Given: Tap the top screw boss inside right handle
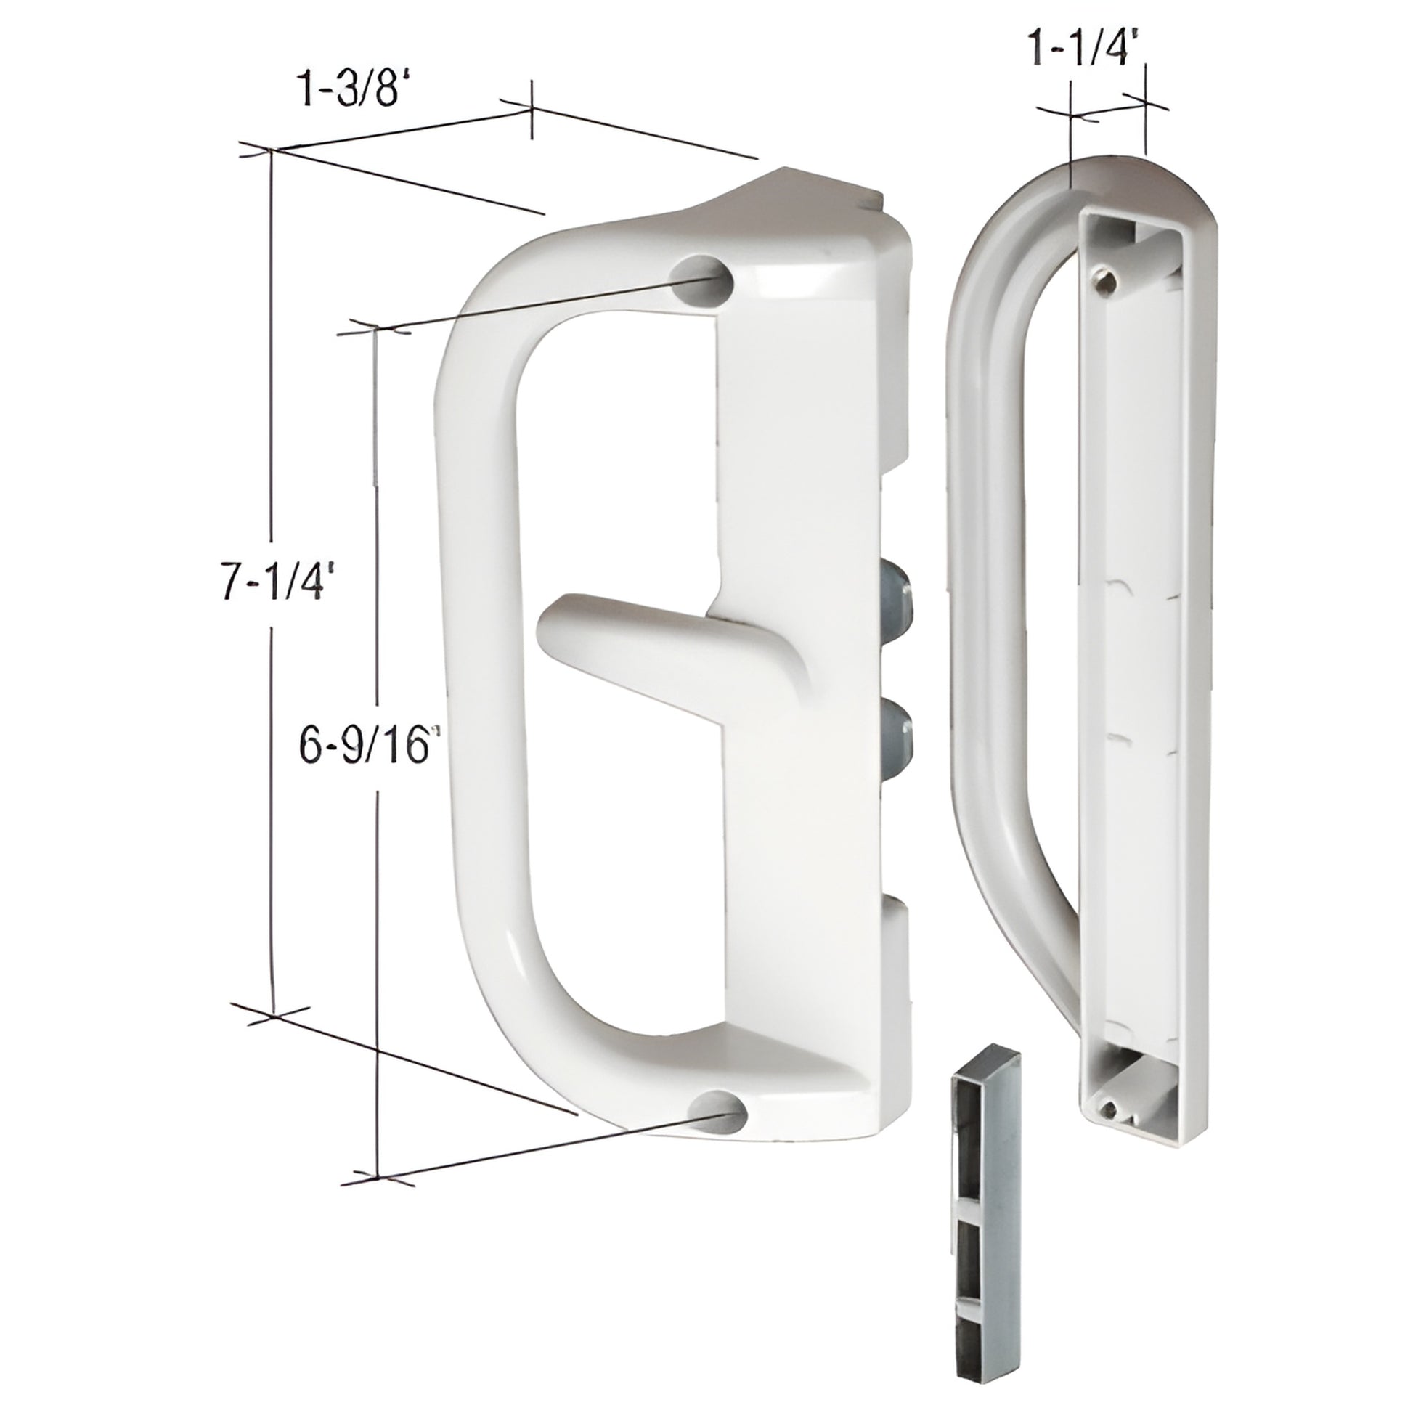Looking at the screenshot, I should [1103, 280].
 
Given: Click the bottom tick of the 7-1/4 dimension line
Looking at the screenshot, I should [274, 1017].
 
